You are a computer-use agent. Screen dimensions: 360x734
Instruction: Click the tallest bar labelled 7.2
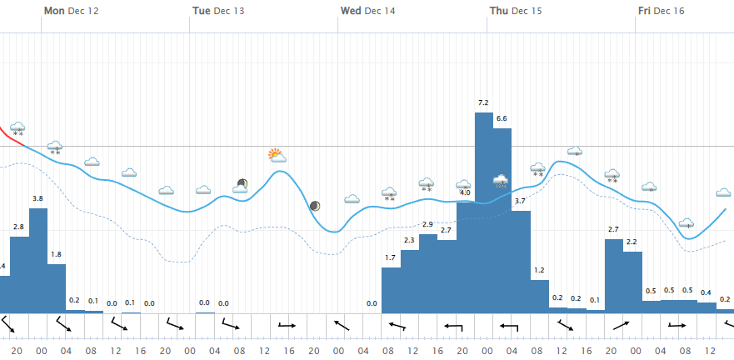(x=484, y=212)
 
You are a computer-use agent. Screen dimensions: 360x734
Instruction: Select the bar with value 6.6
(x=502, y=221)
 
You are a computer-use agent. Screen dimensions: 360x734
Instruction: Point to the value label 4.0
(x=465, y=192)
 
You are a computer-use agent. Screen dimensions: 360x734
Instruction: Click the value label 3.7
(x=521, y=202)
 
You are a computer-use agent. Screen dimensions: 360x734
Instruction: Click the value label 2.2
(x=632, y=242)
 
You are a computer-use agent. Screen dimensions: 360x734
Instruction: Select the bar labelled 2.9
(x=427, y=273)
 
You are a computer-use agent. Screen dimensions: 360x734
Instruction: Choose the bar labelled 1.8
(x=56, y=287)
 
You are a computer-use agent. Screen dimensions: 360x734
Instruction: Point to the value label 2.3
(x=409, y=240)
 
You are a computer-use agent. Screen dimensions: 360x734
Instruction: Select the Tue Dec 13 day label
(x=218, y=11)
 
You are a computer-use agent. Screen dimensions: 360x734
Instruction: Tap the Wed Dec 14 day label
(x=367, y=11)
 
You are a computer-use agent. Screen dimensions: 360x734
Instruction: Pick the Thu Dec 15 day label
(x=516, y=11)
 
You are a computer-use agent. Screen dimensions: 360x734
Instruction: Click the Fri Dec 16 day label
(x=662, y=11)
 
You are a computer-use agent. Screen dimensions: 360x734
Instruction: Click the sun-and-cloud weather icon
(x=277, y=155)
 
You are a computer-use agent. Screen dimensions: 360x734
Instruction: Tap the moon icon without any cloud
(x=315, y=206)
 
